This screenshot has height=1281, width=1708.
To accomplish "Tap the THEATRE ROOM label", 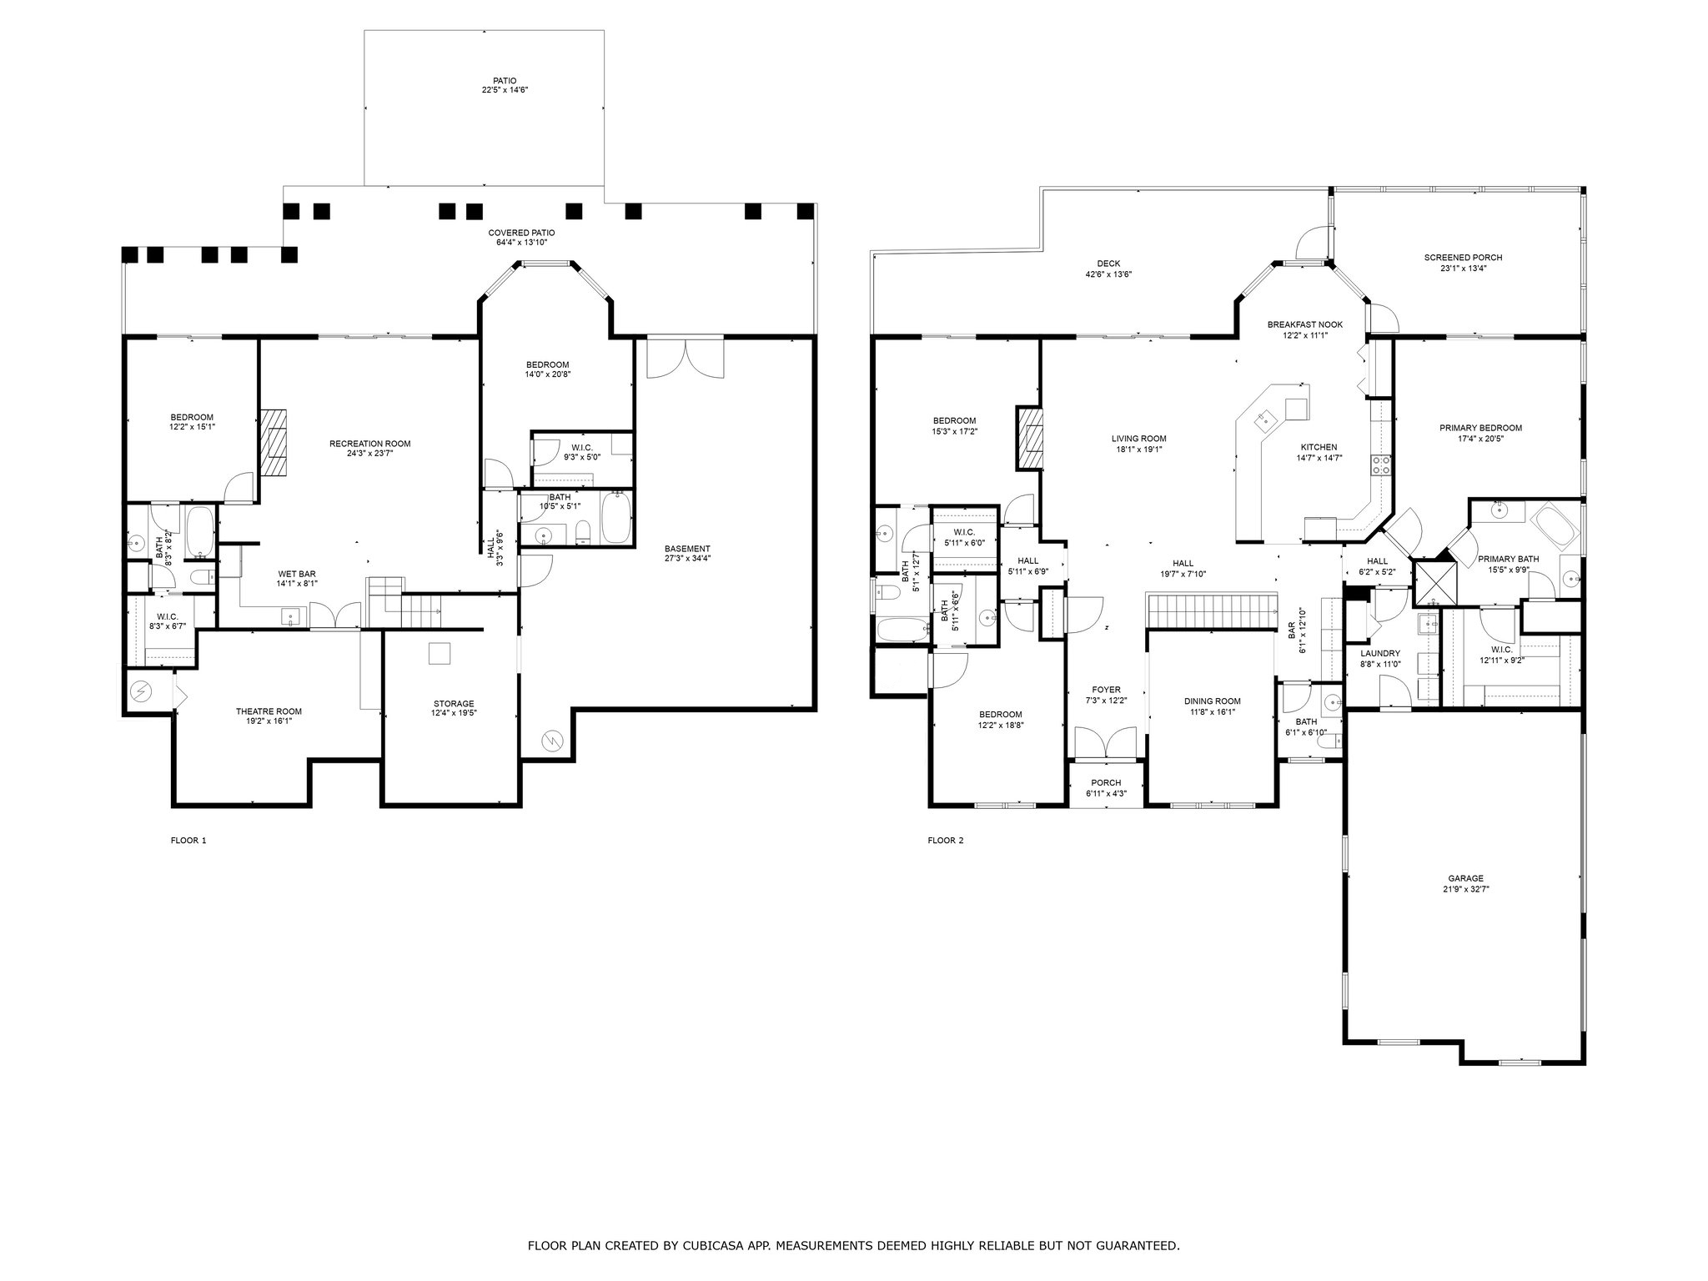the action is click(269, 711).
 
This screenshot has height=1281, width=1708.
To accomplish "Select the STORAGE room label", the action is click(453, 704).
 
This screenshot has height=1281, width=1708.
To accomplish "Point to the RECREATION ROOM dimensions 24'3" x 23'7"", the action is click(369, 454).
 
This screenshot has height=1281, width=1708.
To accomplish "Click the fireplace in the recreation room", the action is click(274, 442).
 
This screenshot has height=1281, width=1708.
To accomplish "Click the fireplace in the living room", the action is click(1029, 439).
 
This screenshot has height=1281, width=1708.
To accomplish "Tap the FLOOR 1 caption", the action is click(188, 841).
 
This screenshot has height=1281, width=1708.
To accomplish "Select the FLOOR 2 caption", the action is click(946, 841).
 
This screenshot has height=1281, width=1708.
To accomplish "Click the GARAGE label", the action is click(1465, 878).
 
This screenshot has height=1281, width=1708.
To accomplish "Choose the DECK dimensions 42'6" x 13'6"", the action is click(1108, 274).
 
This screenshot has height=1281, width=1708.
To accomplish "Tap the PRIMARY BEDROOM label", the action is click(1480, 428).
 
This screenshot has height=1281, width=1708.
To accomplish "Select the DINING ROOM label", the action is click(1212, 701).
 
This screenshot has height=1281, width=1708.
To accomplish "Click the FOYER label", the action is click(1107, 690).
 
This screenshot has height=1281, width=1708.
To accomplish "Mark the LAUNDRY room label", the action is click(1380, 653).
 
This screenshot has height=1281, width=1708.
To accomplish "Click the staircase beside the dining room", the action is click(1213, 610).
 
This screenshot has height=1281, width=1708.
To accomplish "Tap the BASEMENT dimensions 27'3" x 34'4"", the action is click(687, 559).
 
